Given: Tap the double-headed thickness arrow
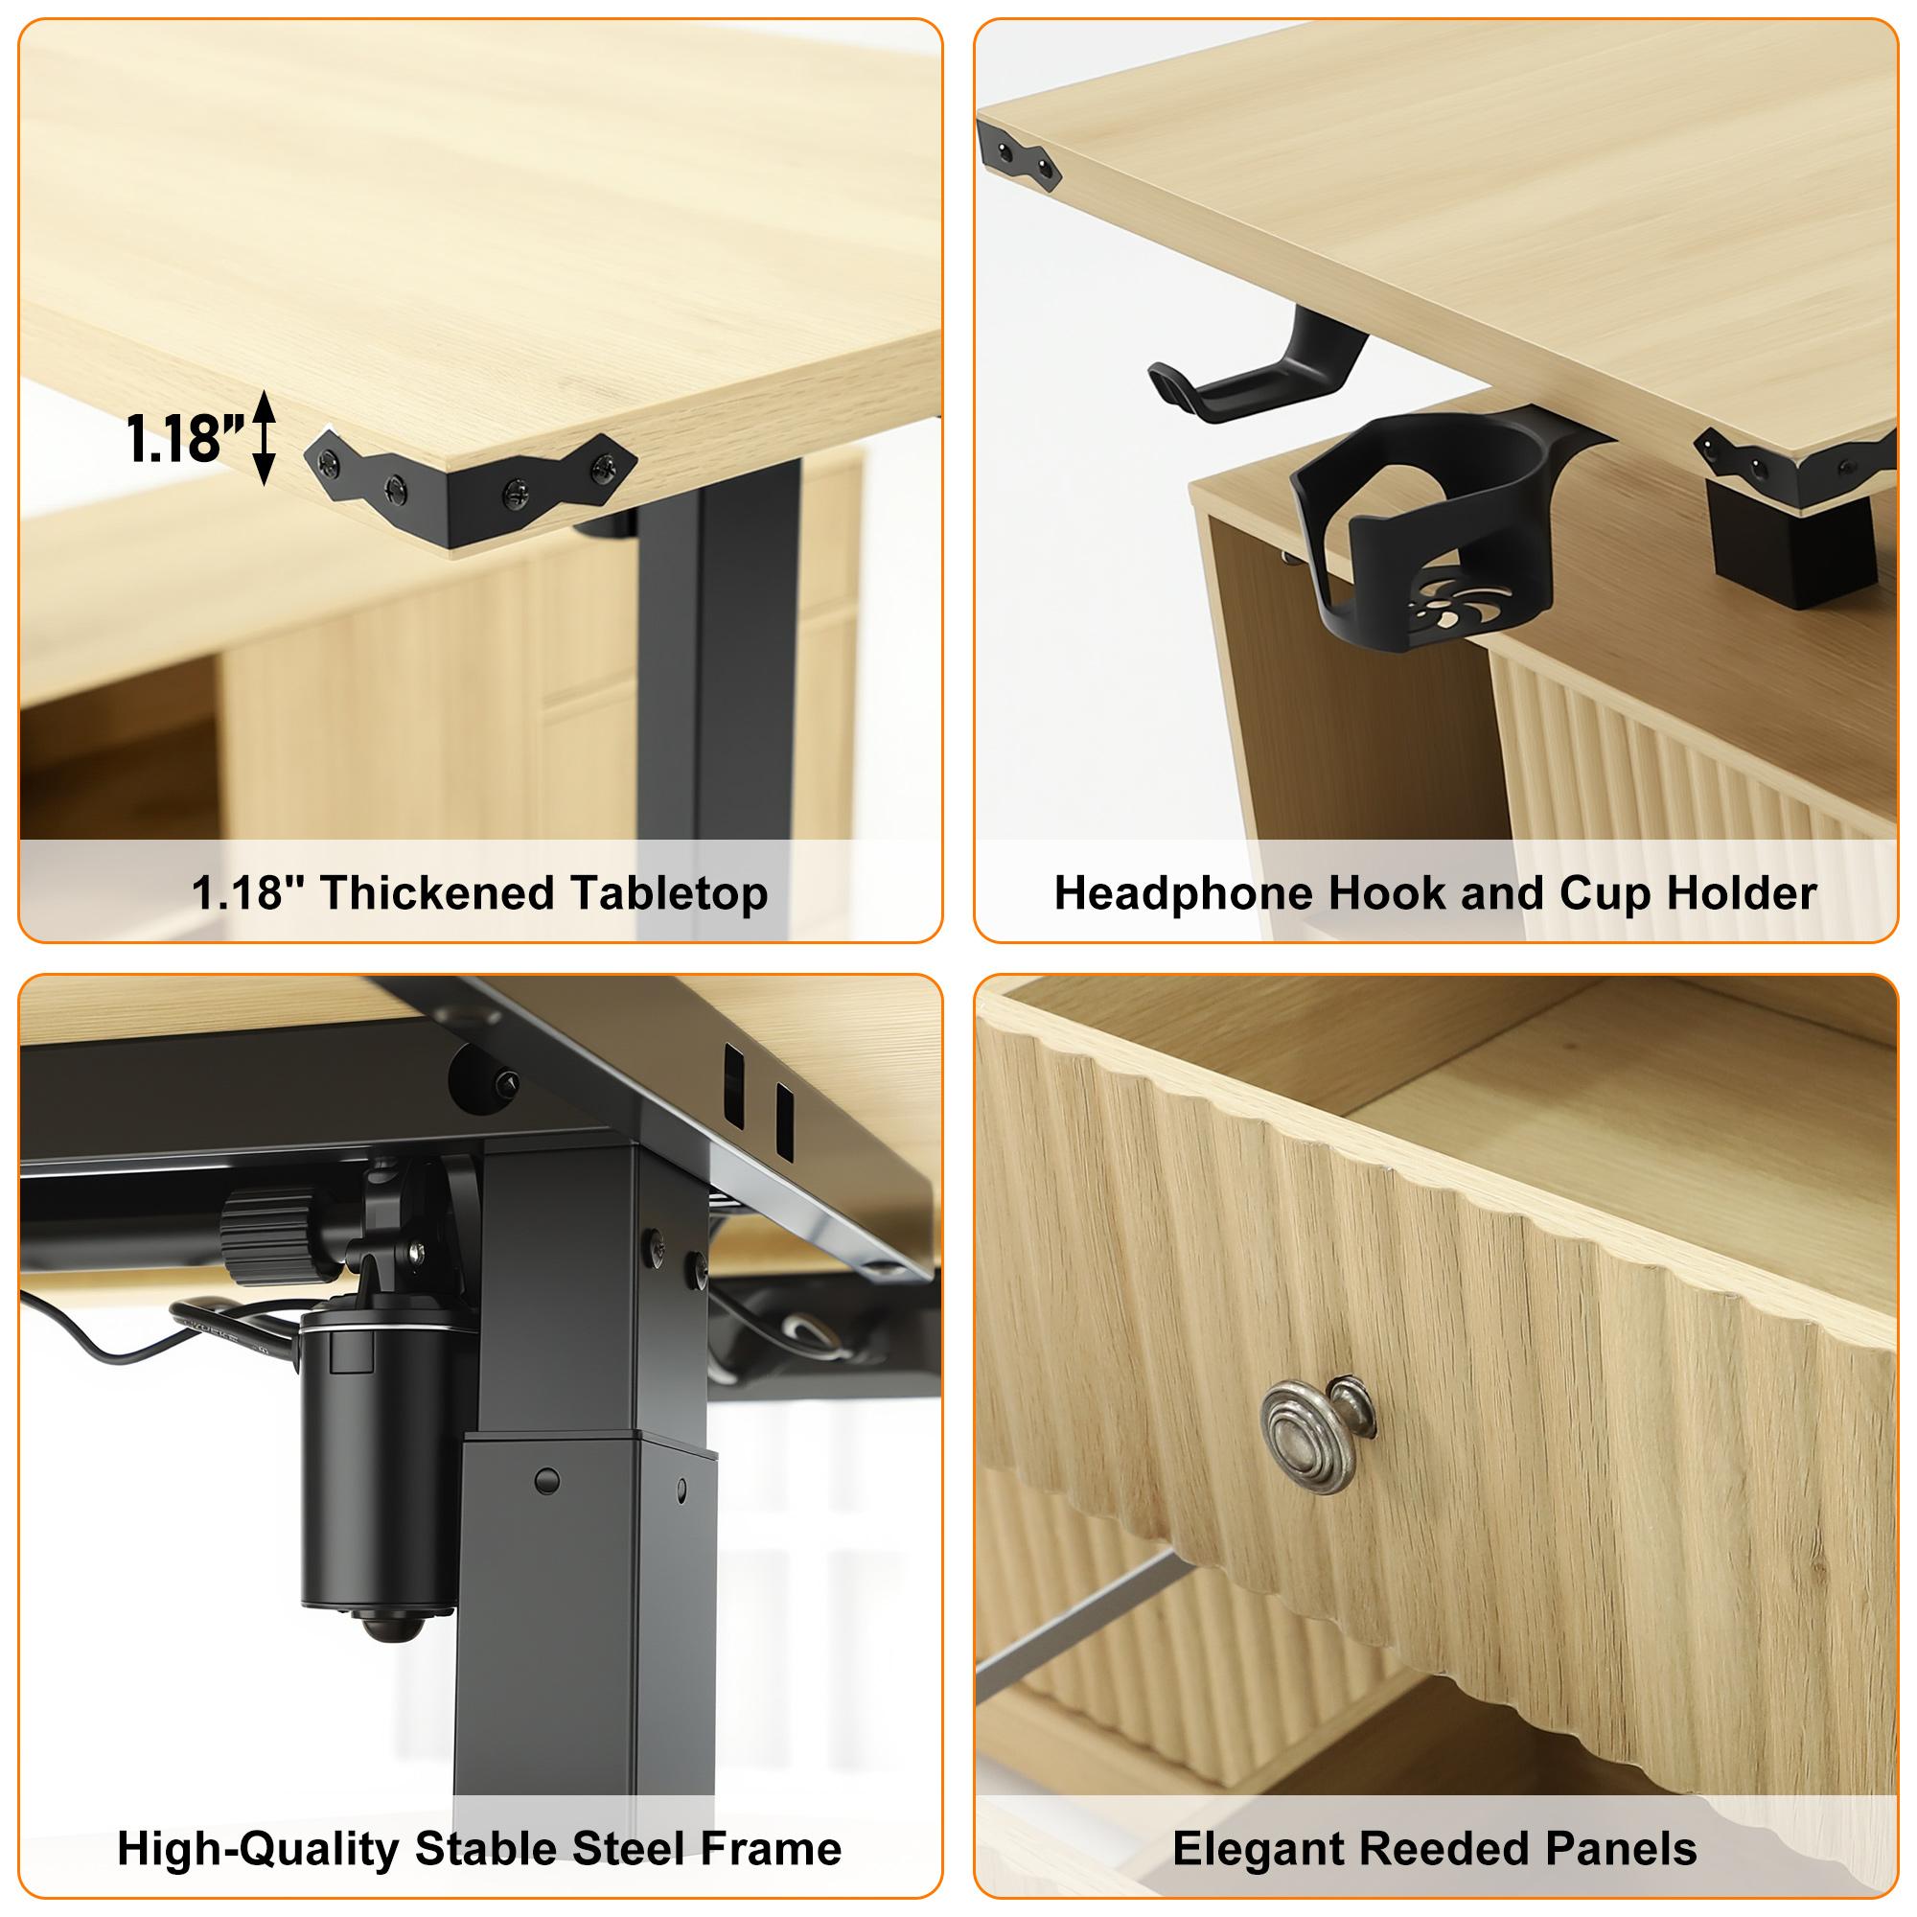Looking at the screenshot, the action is tap(264, 439).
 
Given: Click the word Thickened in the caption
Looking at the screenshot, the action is tap(415, 893).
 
